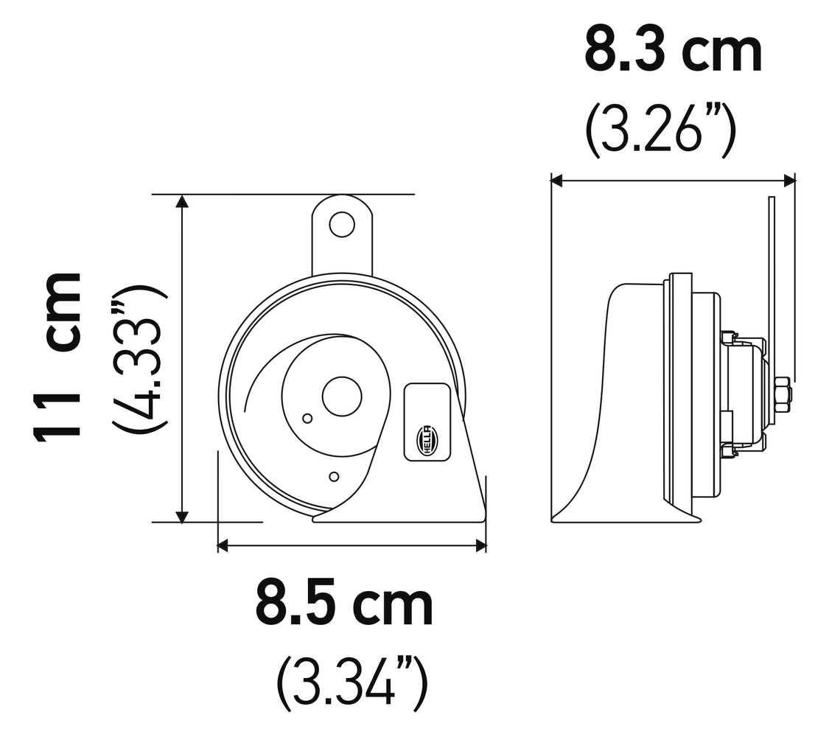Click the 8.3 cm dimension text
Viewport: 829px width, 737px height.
(672, 50)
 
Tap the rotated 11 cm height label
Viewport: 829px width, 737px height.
(57, 356)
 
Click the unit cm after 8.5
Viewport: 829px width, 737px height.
(392, 604)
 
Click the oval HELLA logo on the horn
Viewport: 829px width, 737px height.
(427, 440)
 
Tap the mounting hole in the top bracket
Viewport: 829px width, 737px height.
(341, 224)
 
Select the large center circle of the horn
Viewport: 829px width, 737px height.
(342, 397)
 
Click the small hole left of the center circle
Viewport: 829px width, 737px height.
(307, 419)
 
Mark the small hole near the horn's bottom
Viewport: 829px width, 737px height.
(334, 477)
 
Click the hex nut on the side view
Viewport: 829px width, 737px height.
(782, 395)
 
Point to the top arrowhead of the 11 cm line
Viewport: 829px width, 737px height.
(182, 200)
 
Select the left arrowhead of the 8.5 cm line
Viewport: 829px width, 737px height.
(223, 545)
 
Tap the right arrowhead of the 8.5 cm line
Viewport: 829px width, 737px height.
(481, 545)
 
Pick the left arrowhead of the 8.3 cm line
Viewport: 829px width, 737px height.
(557, 180)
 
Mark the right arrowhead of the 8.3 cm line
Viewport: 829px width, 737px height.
(790, 180)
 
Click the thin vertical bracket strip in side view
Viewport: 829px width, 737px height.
(772, 280)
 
